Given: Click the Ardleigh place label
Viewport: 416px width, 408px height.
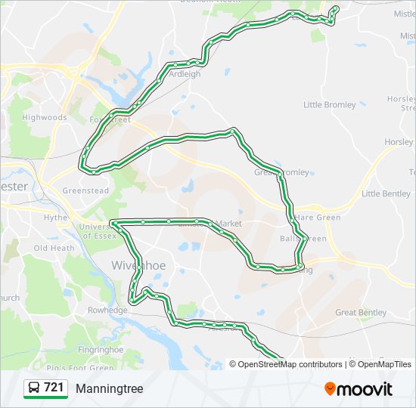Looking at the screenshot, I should coord(185,74).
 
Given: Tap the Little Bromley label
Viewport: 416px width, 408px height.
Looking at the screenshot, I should coord(329,105).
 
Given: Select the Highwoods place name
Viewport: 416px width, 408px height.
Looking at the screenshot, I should coord(44,117).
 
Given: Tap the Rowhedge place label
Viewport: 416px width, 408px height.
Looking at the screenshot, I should coord(107,310).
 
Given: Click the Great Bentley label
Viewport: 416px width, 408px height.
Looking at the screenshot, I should coord(361,312).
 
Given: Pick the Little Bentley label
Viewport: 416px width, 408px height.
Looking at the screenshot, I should coord(386,193).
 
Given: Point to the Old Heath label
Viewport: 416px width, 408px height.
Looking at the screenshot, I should coord(54,248).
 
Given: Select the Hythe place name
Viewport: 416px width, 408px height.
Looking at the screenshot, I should coord(55,218).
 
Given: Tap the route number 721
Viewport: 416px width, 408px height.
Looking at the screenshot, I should coord(54,388).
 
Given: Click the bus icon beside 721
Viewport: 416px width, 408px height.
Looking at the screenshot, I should coord(34,388).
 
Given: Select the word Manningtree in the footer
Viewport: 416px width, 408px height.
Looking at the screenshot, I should coord(109,388).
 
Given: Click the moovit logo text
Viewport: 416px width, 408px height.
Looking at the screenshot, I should coord(366,389).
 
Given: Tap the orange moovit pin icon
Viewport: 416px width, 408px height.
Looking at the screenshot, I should coord(331,389).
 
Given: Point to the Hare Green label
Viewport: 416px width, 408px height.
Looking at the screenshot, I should coord(318,218).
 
